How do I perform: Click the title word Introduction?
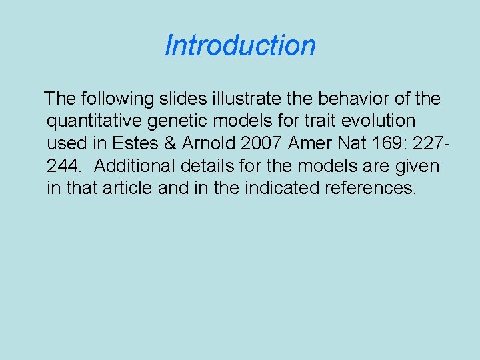240,46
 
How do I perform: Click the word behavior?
355,99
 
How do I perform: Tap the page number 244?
63,165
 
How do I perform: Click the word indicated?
282,188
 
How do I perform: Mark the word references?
370,188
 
